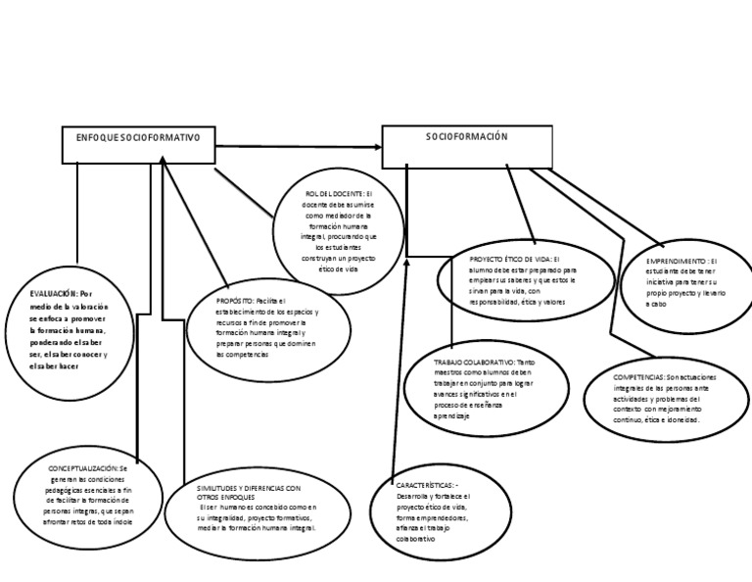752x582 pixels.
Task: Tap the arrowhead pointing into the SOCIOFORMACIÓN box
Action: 377,147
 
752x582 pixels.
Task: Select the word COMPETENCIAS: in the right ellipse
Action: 640,376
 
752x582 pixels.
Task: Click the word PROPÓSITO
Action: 235,301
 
